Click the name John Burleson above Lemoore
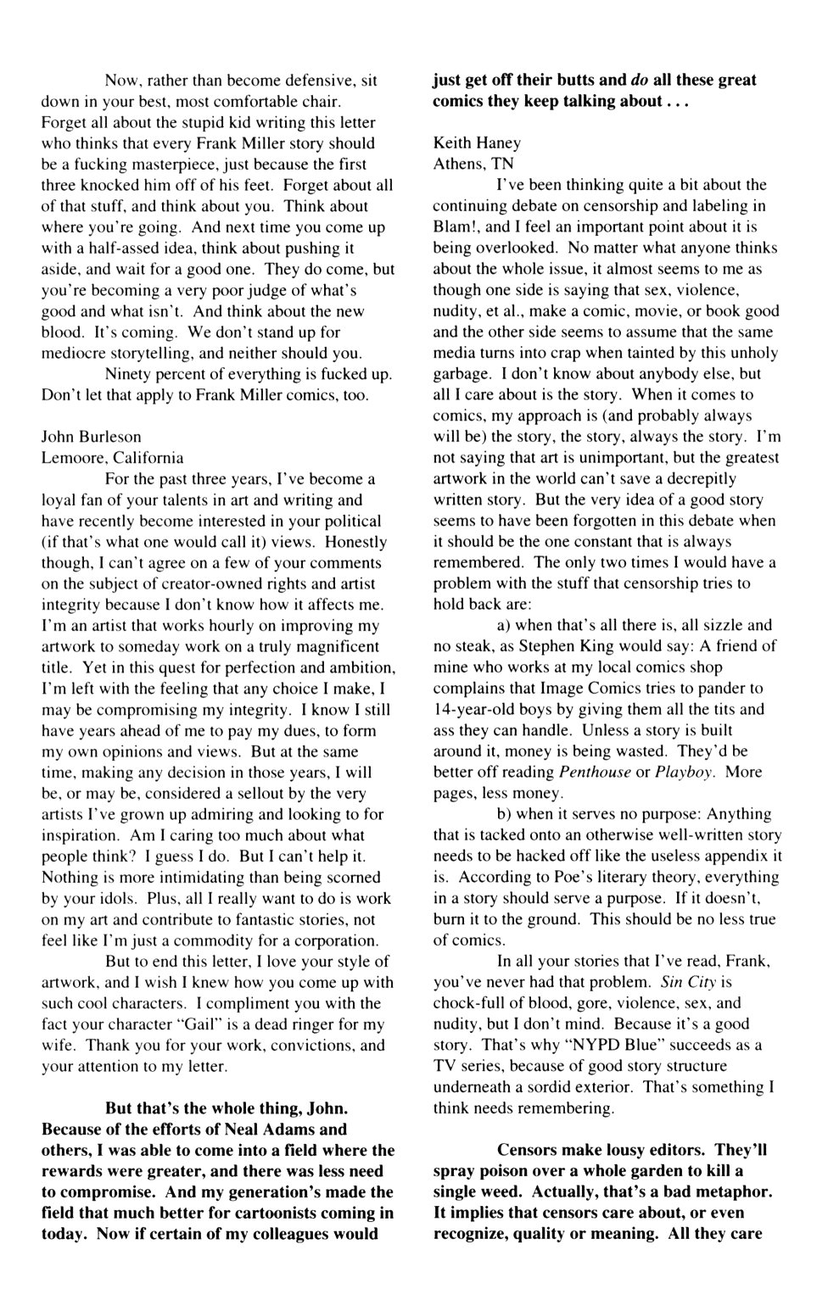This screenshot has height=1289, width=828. tap(92, 437)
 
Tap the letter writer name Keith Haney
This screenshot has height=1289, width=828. tap(477, 142)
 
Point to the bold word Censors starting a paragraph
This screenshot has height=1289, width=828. tap(529, 1151)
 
